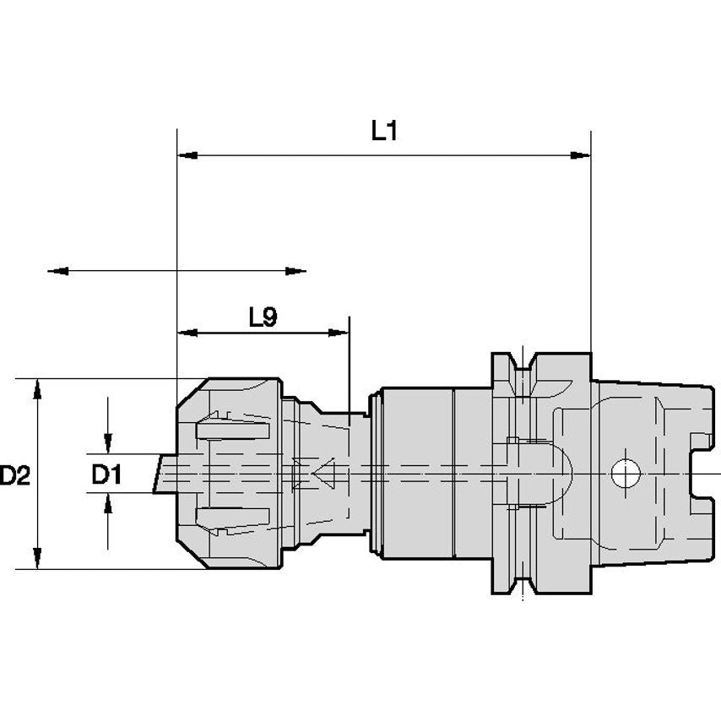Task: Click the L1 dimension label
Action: pyautogui.click(x=384, y=131)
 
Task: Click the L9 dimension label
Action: pyautogui.click(x=263, y=317)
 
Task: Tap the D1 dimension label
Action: pyautogui.click(x=106, y=474)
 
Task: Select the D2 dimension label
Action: pyautogui.click(x=14, y=475)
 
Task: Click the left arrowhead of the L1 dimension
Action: pyautogui.click(x=187, y=155)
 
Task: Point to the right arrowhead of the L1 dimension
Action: pyautogui.click(x=580, y=155)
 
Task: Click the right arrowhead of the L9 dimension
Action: pyautogui.click(x=339, y=333)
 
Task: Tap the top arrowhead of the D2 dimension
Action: pyautogui.click(x=38, y=389)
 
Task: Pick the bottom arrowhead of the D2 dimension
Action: pyautogui.click(x=38, y=558)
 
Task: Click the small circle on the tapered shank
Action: pyautogui.click(x=626, y=473)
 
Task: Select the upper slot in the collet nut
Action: pyautogui.click(x=233, y=431)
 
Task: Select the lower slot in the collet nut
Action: pyautogui.click(x=233, y=517)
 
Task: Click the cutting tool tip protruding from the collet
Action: pyautogui.click(x=165, y=474)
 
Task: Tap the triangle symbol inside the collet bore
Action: pyautogui.click(x=323, y=473)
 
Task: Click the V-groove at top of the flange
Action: pyautogui.click(x=523, y=361)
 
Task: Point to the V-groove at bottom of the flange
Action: pyautogui.click(x=523, y=585)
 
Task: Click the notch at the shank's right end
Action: pyautogui.click(x=702, y=474)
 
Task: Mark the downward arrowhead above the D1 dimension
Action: pyautogui.click(x=108, y=444)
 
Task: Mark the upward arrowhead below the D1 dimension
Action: pyautogui.click(x=108, y=503)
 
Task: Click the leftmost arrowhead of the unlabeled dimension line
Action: pyautogui.click(x=58, y=271)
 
